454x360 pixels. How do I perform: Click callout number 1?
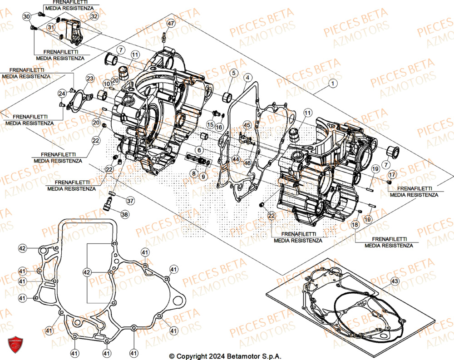pos(334,84)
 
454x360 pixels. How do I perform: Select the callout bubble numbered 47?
pos(170,24)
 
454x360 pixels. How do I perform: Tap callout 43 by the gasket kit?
pos(395,282)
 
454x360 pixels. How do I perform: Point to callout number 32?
pos(94,16)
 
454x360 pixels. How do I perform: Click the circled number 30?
pos(26,16)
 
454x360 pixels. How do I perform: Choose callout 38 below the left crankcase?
pos(124,213)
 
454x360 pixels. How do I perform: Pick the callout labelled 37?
pos(130,201)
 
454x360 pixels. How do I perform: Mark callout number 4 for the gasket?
pos(247,78)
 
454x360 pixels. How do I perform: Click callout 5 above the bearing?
pos(233,73)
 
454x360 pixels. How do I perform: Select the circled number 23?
pos(90,79)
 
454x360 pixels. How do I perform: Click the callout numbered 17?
pos(392,174)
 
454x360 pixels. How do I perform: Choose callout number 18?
pos(355,224)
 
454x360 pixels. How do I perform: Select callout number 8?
pos(193,173)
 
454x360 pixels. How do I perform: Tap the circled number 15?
pos(211,124)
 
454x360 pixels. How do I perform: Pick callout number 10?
pos(106,84)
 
